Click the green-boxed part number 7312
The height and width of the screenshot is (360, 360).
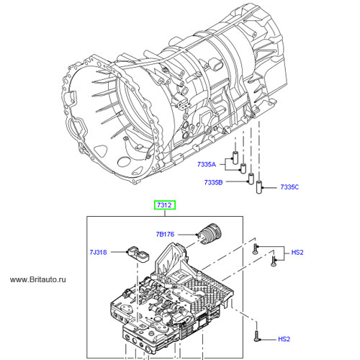click(165, 205)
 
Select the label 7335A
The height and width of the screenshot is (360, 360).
click(207, 164)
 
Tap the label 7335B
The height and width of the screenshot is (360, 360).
click(213, 182)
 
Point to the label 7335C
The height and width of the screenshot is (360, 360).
click(289, 187)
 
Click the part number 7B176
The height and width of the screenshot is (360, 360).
click(165, 234)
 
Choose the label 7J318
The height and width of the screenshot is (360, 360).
click(98, 252)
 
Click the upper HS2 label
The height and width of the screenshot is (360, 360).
click(297, 252)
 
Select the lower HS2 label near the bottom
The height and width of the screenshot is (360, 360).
click(284, 339)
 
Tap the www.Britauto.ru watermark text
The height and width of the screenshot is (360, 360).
click(38, 279)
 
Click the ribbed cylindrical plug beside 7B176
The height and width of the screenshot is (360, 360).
click(210, 234)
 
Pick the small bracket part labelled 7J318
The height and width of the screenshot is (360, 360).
click(138, 254)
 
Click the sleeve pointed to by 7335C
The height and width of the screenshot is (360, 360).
click(258, 186)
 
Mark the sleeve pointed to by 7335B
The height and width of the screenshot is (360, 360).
click(251, 179)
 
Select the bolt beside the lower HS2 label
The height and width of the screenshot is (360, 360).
click(256, 336)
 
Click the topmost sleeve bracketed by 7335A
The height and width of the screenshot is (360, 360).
click(235, 158)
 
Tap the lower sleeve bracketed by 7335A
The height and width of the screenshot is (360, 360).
click(243, 168)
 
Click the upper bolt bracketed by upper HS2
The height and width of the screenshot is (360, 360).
click(255, 249)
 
